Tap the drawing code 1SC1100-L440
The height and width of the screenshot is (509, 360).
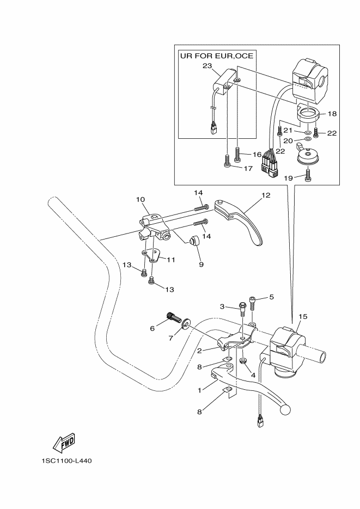[x=66, y=461]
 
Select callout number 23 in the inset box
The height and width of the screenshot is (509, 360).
[x=207, y=66]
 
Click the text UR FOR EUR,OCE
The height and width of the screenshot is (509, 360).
[x=217, y=56]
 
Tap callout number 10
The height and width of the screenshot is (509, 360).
[x=140, y=200]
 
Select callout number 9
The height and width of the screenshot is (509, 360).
[x=201, y=264]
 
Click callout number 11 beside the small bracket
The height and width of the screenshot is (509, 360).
[x=170, y=260]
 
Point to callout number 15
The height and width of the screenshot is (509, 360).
[x=303, y=316]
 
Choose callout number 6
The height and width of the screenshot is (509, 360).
[x=152, y=328]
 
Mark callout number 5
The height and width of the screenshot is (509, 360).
[x=272, y=297]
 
